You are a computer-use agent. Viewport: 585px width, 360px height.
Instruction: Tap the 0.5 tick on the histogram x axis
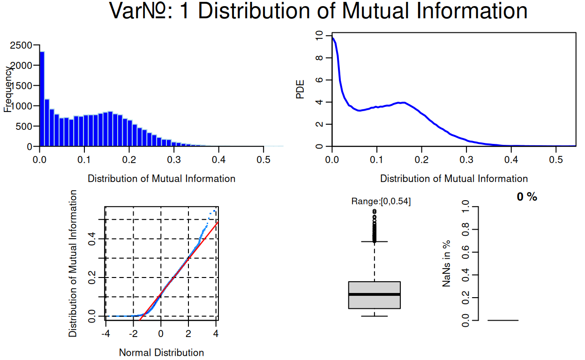click(x=263, y=159)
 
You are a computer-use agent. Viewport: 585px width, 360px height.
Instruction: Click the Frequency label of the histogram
click(x=8, y=89)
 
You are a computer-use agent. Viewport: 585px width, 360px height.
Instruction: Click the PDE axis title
click(x=300, y=90)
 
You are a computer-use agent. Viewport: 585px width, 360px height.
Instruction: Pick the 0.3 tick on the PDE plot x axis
click(x=466, y=159)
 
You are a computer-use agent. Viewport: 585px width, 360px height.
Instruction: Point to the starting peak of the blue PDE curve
click(x=332, y=37)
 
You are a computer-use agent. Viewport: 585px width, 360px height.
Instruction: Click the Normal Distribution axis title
click(x=161, y=352)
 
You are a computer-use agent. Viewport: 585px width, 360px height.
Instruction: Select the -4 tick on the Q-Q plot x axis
click(x=106, y=334)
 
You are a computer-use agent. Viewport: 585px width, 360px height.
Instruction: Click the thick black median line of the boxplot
click(x=374, y=294)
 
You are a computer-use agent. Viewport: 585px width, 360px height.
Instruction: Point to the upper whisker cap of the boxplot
click(x=374, y=242)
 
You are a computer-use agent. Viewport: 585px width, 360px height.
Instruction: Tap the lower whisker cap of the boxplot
click(x=374, y=316)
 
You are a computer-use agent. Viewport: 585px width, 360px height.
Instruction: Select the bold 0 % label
click(x=527, y=197)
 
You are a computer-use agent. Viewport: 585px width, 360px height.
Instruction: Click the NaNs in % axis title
click(x=447, y=263)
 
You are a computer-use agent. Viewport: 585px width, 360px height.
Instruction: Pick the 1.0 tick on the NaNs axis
click(x=465, y=207)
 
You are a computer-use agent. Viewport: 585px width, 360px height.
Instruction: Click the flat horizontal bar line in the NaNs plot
click(x=503, y=321)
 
